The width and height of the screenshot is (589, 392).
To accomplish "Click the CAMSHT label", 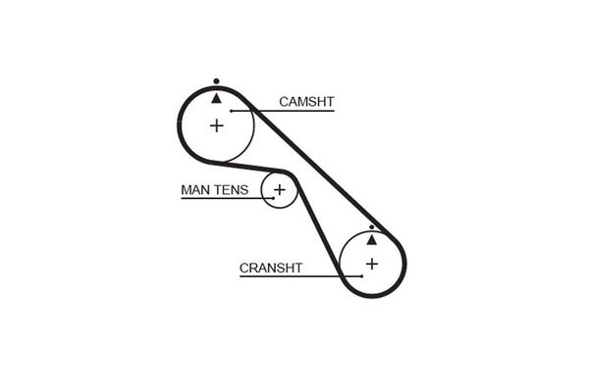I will [x=305, y=101].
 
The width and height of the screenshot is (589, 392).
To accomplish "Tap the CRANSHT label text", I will [x=270, y=267].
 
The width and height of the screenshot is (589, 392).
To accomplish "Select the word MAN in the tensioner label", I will [x=195, y=189].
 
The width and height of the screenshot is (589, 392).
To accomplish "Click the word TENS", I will [x=232, y=189].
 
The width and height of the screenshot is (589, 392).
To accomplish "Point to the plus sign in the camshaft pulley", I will [x=217, y=125].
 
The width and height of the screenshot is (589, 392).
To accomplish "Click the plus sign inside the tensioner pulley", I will [x=280, y=189].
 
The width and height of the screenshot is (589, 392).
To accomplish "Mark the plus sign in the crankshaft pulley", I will [x=371, y=264].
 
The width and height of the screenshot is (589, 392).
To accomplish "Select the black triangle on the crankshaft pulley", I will [x=371, y=238].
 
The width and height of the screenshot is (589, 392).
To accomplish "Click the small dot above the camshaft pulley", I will [x=217, y=80].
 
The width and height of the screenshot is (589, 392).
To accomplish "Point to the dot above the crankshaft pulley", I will [x=371, y=226].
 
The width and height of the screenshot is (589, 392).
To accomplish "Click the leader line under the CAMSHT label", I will [x=294, y=110].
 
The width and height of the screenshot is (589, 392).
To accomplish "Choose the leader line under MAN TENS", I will [x=221, y=198].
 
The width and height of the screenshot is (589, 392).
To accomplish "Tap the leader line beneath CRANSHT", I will [x=294, y=275].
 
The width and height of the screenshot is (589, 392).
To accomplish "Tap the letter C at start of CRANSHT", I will [x=243, y=267].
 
